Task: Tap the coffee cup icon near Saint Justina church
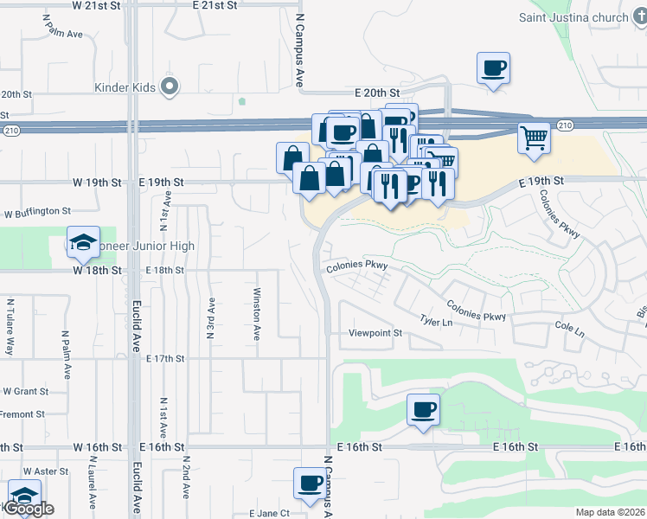[493, 67]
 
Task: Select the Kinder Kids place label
[127, 87]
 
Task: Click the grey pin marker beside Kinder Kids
[170, 86]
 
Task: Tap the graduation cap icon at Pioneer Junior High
[84, 242]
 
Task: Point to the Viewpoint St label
[375, 333]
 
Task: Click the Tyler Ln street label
[436, 322]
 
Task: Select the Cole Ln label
[570, 330]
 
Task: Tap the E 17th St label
[166, 358]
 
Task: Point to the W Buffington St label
[37, 211]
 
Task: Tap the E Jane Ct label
[267, 513]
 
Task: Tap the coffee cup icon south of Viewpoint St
[423, 409]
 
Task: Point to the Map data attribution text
[610, 512]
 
